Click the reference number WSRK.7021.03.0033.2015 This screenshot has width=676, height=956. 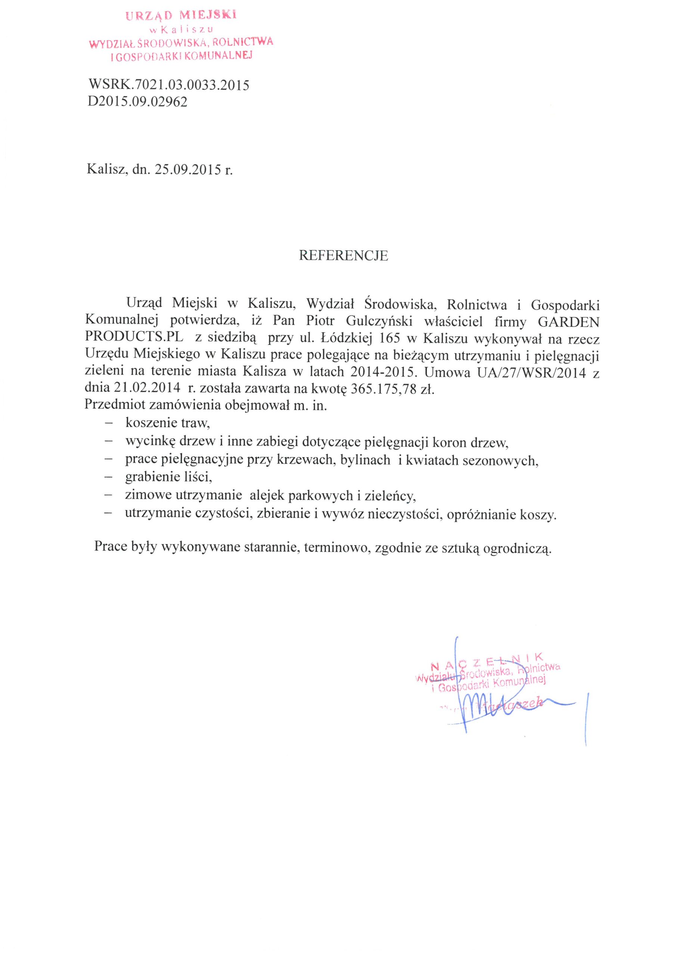coord(169,86)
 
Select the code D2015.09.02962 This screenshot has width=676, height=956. coord(137,102)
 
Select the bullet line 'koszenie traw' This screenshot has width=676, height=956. coord(167,423)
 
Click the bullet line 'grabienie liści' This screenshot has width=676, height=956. coord(168,477)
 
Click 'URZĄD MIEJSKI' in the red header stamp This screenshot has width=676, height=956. coord(181,16)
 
